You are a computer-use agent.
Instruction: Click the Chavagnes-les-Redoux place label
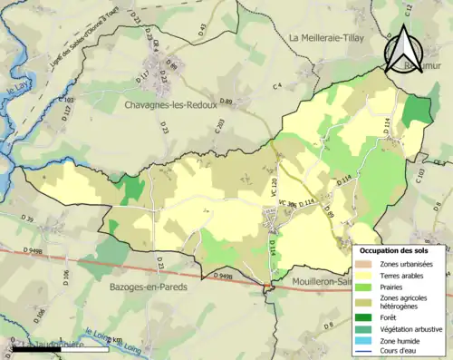[x=170, y=104]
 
